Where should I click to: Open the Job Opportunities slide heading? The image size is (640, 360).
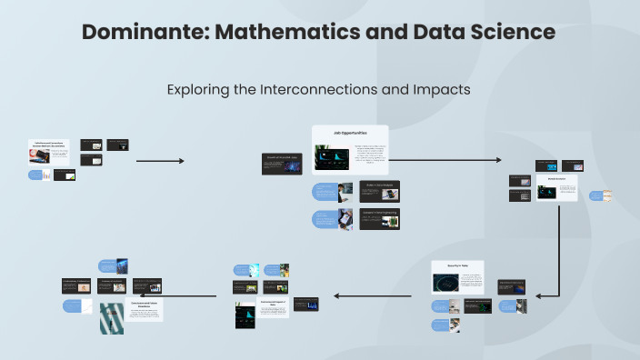[x=350, y=133]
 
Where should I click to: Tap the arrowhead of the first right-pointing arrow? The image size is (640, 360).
[x=181, y=161]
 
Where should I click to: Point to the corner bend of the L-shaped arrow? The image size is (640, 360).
[x=557, y=295]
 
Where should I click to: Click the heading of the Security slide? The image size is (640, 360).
[x=457, y=265]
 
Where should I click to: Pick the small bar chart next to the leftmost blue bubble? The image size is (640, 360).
[x=64, y=175]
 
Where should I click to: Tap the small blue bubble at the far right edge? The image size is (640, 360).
[x=596, y=195]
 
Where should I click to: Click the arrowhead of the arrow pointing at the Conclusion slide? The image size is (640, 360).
[x=165, y=295]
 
